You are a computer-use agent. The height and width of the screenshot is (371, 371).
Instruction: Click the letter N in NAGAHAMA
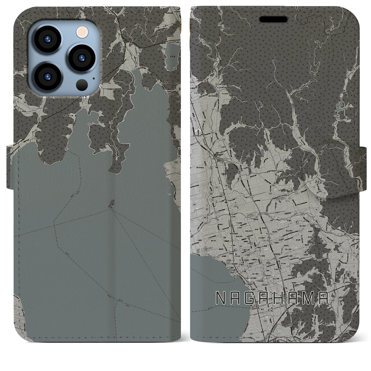(221, 298)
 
